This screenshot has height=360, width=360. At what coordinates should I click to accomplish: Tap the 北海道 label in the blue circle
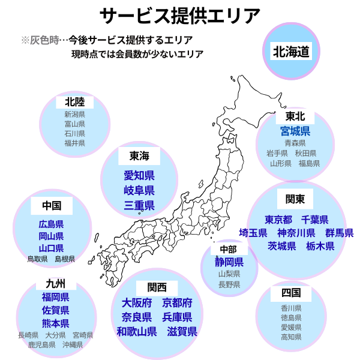tap(292, 51)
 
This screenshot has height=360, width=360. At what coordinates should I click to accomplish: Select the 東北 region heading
tap(295, 116)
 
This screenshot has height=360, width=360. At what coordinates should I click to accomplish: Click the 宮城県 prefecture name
tap(295, 131)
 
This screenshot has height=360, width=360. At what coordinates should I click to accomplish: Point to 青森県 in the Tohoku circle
tap(295, 143)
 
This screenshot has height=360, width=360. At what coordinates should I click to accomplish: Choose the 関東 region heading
tap(295, 199)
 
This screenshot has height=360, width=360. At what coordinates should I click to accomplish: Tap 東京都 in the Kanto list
tap(278, 219)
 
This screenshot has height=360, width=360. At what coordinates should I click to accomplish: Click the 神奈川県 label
tap(296, 233)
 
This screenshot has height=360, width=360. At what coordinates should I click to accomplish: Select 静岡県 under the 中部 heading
tap(229, 262)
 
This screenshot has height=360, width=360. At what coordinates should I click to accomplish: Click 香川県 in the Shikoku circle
tap(290, 308)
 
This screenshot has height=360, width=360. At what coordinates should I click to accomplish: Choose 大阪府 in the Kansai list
tap(136, 302)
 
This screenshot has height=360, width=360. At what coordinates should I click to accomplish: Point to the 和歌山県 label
tap(136, 331)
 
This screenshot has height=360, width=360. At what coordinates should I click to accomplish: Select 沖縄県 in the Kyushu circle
tap(73, 345)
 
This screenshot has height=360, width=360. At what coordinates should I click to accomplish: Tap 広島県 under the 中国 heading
tap(51, 224)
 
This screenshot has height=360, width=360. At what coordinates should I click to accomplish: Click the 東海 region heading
tap(139, 157)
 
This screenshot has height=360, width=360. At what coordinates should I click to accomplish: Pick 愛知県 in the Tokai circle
tap(139, 176)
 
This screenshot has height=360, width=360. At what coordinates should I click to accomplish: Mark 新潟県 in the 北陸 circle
tap(74, 115)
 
